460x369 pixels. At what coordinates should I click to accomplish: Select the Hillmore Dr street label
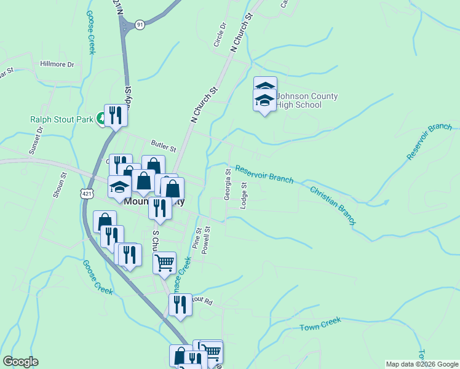pos(57,64)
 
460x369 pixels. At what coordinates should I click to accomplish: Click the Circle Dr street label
pos(220,36)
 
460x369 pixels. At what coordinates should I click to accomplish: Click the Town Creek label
pos(320,325)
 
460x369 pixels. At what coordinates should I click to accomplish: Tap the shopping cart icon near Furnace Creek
pos(164,263)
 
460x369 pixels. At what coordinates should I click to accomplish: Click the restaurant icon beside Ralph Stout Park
pos(115,114)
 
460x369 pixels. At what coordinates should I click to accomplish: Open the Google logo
pos(20,362)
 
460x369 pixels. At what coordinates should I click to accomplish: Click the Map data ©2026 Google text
pos(422,364)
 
